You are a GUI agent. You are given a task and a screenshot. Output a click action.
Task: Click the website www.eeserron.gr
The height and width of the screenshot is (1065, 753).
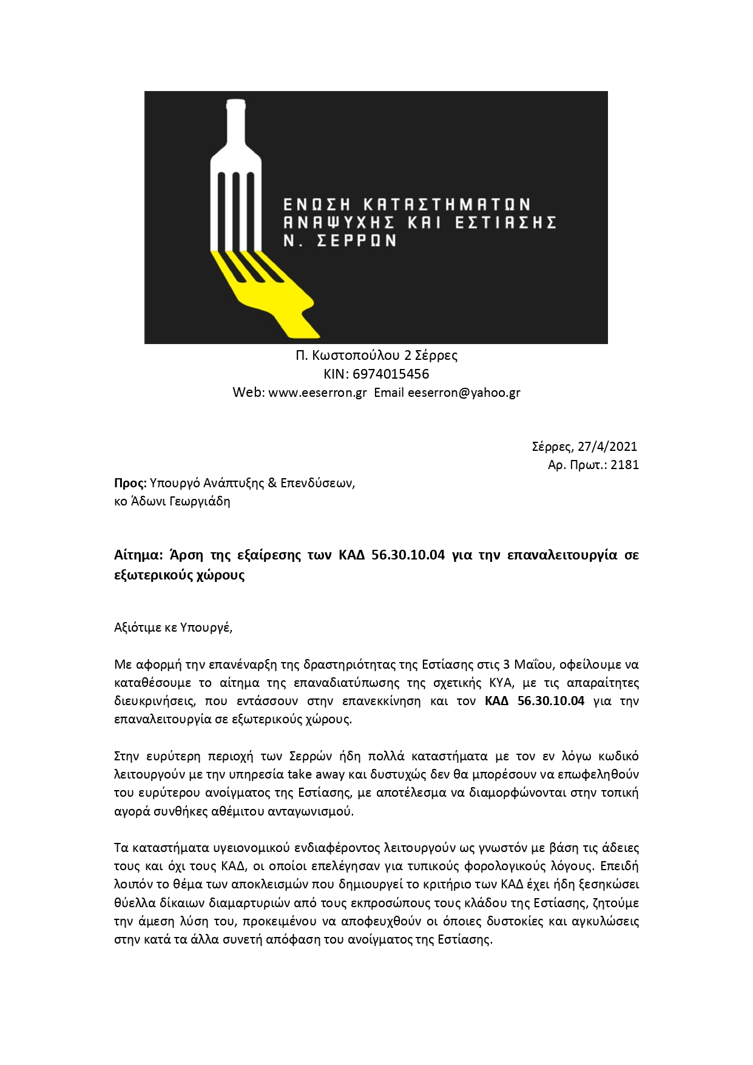click(317, 392)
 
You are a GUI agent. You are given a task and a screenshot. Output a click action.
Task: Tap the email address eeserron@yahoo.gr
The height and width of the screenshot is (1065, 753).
click(464, 392)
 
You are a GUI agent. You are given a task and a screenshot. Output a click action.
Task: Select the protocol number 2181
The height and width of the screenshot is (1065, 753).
click(624, 465)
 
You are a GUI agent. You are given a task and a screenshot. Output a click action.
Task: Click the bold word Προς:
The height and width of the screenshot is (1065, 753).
click(130, 483)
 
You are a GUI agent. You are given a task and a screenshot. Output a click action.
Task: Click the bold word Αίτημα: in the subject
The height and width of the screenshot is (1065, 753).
click(139, 555)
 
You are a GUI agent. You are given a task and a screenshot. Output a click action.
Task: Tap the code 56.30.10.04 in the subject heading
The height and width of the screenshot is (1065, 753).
click(408, 555)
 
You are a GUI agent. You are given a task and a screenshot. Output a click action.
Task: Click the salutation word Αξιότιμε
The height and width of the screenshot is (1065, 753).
click(138, 627)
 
